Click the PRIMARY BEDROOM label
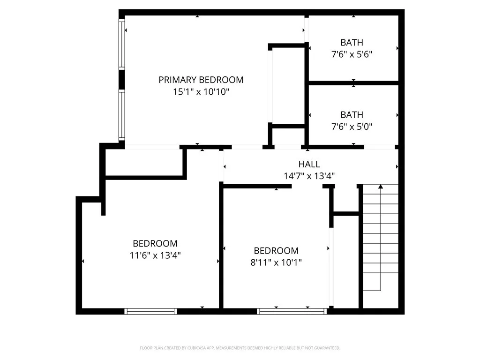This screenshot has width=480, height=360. pyautogui.click(x=201, y=80)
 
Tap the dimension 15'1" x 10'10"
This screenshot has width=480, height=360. pyautogui.click(x=201, y=92)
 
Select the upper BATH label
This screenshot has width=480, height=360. pyautogui.click(x=352, y=43)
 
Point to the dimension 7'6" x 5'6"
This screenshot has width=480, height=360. pyautogui.click(x=352, y=54)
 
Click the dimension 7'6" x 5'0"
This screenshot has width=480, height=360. pyautogui.click(x=352, y=127)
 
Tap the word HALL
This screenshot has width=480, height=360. pyautogui.click(x=309, y=164)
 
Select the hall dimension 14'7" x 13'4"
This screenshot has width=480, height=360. pyautogui.click(x=309, y=176)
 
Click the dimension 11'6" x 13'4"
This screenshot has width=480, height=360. pyautogui.click(x=155, y=255)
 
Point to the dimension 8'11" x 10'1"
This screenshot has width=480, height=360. pyautogui.click(x=276, y=262)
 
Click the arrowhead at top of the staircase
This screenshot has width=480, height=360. pyautogui.click(x=381, y=187)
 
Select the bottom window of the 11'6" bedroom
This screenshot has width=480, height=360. pyautogui.click(x=150, y=311)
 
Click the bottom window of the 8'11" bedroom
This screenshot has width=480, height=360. pyautogui.click(x=292, y=311)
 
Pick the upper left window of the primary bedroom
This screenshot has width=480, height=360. pyautogui.click(x=122, y=45)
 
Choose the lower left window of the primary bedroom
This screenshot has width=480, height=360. pyautogui.click(x=122, y=115)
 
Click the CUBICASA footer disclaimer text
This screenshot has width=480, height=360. pyautogui.click(x=240, y=348)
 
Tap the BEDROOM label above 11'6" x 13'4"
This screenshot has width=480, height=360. pyautogui.click(x=155, y=243)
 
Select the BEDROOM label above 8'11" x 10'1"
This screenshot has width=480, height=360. pyautogui.click(x=276, y=251)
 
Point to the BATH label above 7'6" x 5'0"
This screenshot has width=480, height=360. pyautogui.click(x=352, y=114)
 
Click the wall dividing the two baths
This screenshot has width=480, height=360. pyautogui.click(x=353, y=83)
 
